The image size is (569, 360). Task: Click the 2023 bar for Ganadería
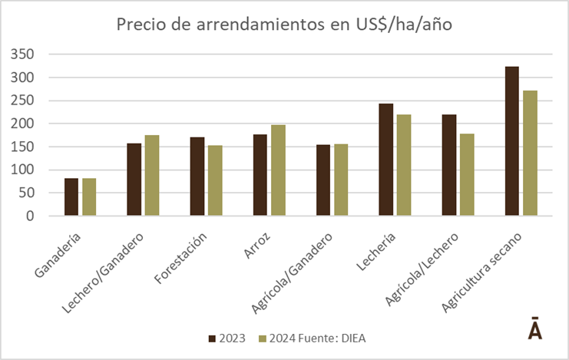(x=71, y=197)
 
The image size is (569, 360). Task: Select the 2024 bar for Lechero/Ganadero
(x=151, y=176)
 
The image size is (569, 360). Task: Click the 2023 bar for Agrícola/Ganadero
(x=323, y=180)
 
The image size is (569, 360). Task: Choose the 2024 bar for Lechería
(x=403, y=165)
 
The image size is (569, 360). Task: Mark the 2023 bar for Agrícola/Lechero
(x=449, y=165)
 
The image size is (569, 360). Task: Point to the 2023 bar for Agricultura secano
(x=512, y=141)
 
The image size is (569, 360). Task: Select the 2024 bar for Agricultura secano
(x=530, y=154)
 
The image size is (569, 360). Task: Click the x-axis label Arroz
(x=266, y=239)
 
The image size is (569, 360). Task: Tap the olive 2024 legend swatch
(x=263, y=339)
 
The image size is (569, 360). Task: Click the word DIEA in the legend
(x=358, y=339)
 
